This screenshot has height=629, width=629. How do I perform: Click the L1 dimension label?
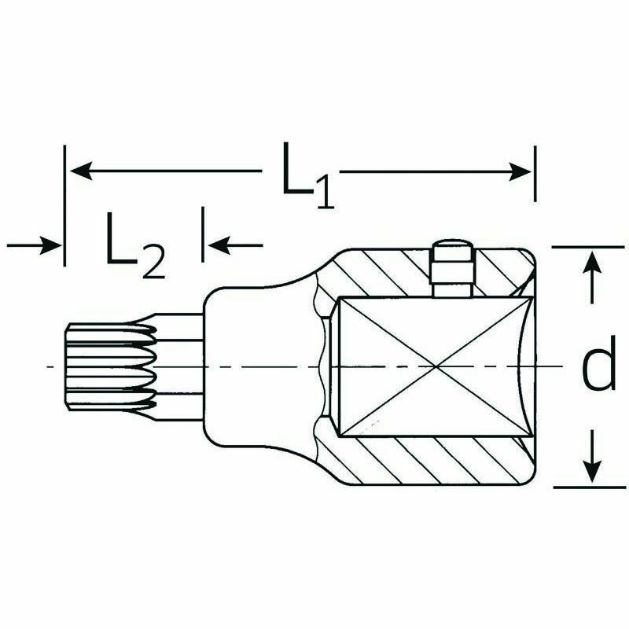pos(308,175)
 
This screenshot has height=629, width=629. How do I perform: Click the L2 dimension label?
pos(135,245)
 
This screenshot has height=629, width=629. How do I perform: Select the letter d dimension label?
pos(599,363)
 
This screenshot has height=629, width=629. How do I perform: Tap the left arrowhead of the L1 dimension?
pos(82,171)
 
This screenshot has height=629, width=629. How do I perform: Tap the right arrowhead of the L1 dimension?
pos(520,171)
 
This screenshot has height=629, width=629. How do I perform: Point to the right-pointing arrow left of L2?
pos(34,245)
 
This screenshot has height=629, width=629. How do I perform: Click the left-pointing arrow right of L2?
pos(235,245)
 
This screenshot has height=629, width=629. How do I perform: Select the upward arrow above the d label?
pos(592,278)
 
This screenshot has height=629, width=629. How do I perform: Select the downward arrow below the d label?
pos(592,457)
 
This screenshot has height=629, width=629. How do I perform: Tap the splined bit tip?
pos(111,366)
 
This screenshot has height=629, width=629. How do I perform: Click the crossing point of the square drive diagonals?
pos(436,366)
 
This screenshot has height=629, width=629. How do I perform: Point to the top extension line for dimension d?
pos(588,247)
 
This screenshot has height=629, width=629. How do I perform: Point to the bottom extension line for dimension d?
pos(589,487)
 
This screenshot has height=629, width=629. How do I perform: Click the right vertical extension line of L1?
pos(535,174)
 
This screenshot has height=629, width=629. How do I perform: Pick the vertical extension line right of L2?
pos(203,234)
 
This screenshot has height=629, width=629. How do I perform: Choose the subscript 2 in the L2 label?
pos(153,261)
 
